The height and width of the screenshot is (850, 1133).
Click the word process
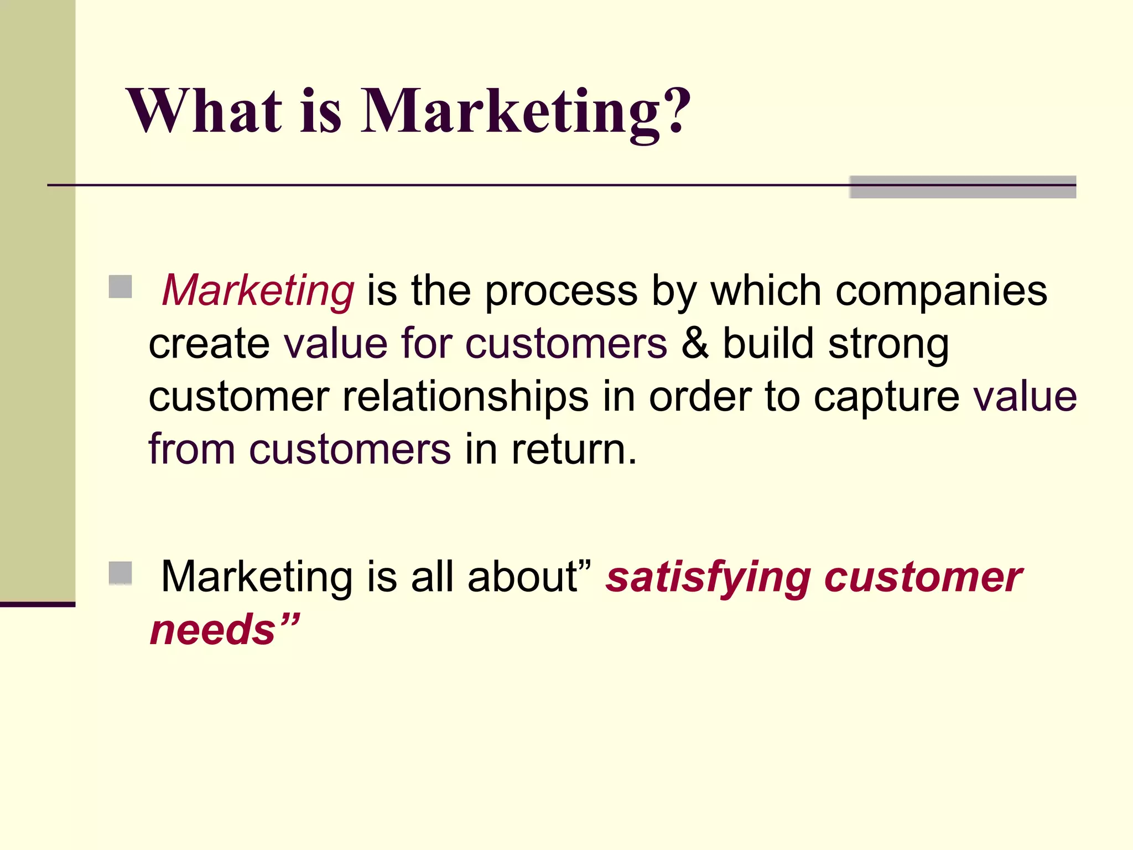tap(561, 292)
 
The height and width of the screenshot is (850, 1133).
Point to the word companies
tap(941, 292)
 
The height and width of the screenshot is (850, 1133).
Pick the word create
tap(209, 344)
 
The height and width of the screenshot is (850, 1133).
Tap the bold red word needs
tap(213, 630)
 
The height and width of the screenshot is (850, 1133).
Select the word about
tap(523, 578)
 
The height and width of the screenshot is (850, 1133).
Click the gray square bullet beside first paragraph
tap(120, 287)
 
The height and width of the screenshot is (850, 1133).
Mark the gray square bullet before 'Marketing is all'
tap(120, 573)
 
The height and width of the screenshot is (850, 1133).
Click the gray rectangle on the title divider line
tap(963, 187)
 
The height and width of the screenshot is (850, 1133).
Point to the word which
tap(766, 291)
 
